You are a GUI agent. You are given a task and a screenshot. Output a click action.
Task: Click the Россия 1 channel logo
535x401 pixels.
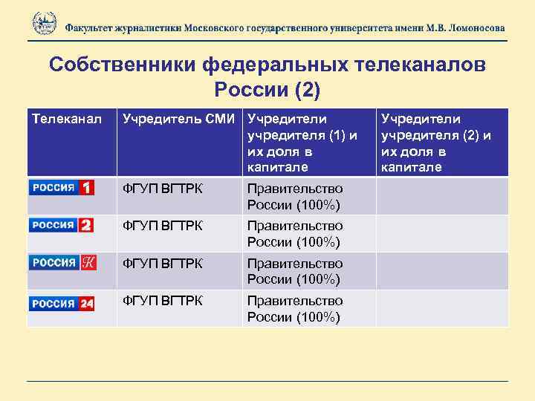pos(62,188)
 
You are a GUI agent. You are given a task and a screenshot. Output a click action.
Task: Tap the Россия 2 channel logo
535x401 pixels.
pos(62,226)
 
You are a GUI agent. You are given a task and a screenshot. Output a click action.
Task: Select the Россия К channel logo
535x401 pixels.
pos(62,263)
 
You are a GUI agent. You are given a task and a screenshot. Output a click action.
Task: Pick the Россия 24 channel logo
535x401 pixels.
pos(62,303)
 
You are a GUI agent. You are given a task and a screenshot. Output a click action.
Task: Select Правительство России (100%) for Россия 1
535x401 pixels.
pos(295,196)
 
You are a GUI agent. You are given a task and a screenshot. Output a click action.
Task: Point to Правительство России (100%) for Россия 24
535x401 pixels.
pos(295,309)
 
